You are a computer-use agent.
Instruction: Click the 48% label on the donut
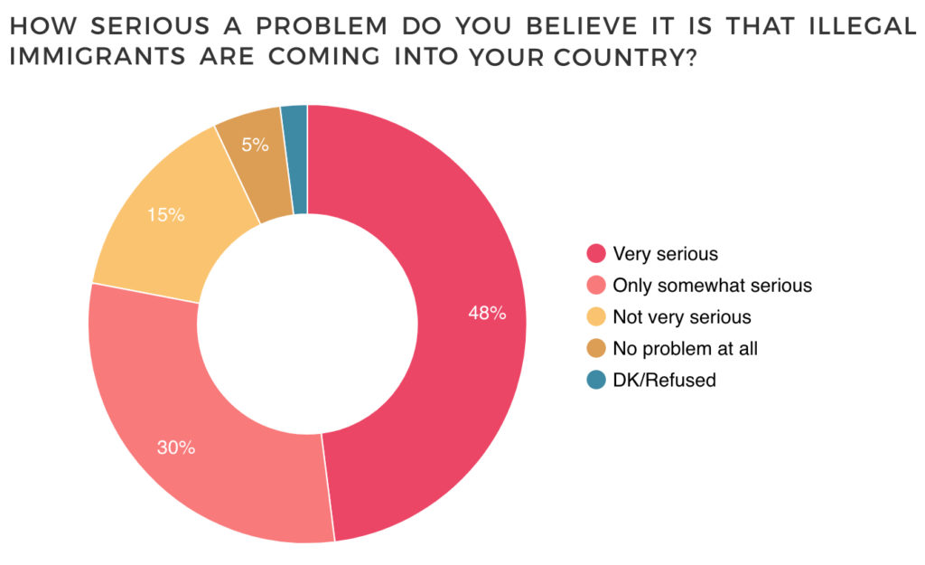point(486,314)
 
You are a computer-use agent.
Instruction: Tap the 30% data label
point(176,447)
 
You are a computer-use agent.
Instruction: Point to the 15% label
point(165,215)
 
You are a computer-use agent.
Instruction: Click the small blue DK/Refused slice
point(295,158)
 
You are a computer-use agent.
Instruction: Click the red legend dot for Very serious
point(595,254)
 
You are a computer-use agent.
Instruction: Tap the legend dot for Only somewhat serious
point(595,286)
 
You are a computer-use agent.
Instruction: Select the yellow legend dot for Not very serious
point(595,317)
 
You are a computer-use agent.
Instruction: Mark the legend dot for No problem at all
point(595,349)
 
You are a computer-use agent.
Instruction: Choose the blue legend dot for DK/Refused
point(595,381)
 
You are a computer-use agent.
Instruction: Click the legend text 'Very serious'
point(665,254)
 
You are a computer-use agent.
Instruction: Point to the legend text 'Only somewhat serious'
point(712,286)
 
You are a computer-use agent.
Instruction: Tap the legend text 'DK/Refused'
point(664,381)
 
